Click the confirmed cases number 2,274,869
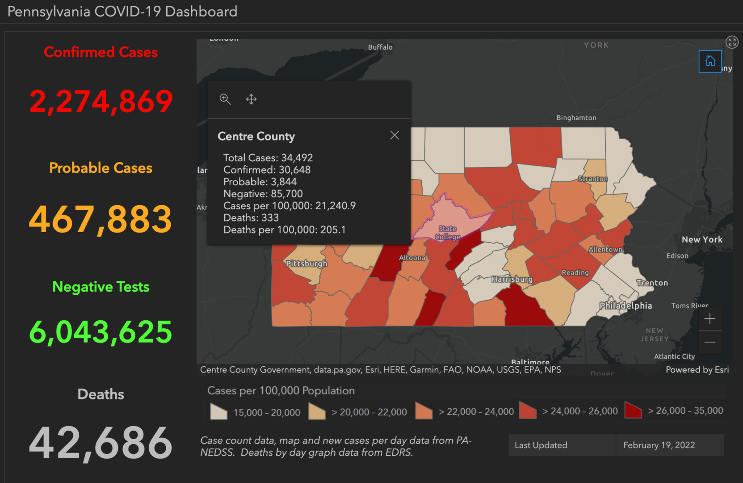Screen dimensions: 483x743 (101, 102)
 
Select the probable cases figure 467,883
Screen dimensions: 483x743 (101, 219)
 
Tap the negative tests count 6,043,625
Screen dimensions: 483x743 (101, 332)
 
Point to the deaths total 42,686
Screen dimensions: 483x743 (101, 443)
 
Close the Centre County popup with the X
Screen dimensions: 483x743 (394, 135)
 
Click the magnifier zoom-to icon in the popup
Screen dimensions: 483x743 (225, 99)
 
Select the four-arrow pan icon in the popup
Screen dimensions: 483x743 (251, 99)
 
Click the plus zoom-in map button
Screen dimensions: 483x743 (709, 319)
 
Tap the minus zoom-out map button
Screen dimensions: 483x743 (709, 342)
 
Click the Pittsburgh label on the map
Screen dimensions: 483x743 (306, 263)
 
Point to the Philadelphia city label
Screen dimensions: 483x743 (625, 306)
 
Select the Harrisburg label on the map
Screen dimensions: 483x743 (512, 280)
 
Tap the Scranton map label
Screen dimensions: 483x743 (592, 179)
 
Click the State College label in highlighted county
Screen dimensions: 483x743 (447, 233)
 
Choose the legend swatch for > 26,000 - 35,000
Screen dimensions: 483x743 (633, 410)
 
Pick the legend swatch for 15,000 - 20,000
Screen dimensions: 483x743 (218, 411)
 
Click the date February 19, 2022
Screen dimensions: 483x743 (659, 445)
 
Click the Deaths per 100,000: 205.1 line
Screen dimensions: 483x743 (285, 230)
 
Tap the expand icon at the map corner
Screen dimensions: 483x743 (731, 42)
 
